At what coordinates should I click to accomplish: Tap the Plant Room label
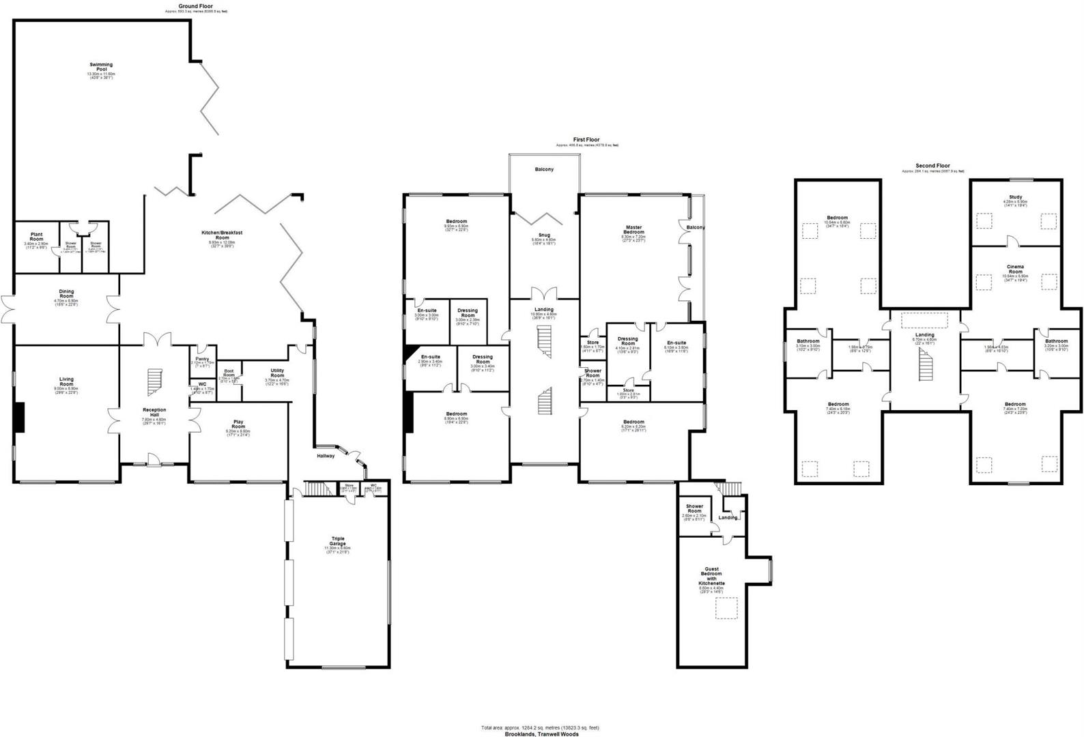tap(36, 236)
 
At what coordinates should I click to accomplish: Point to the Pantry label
tap(202, 359)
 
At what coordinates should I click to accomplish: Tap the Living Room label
tap(66, 381)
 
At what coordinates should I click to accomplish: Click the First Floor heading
tap(586, 139)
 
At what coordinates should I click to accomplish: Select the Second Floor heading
tap(932, 166)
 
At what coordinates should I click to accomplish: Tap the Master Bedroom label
tap(633, 230)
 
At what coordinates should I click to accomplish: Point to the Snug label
tap(544, 235)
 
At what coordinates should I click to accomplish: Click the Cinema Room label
tap(1014, 269)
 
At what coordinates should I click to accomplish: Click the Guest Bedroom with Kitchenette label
tap(711, 576)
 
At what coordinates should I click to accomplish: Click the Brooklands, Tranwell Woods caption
tap(541, 734)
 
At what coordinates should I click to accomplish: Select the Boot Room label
tap(229, 374)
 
